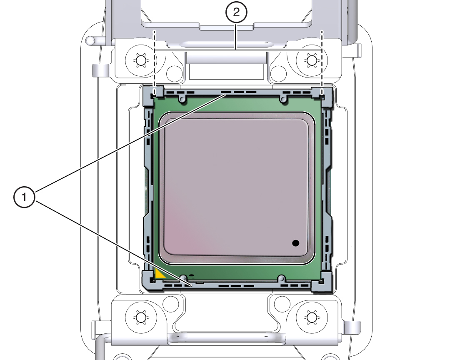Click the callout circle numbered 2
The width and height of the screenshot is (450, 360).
tap(236, 13)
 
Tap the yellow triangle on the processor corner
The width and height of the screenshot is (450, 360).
tap(159, 274)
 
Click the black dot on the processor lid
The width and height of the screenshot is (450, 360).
tap(296, 243)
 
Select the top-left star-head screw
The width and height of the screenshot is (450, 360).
tap(140, 61)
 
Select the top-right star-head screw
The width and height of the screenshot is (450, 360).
tap(311, 61)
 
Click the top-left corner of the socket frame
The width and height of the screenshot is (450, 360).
tap(151, 94)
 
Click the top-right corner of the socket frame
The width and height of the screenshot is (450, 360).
tap(325, 94)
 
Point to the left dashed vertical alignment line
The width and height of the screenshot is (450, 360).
tap(154, 62)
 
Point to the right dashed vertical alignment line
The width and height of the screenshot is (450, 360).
tap(322, 62)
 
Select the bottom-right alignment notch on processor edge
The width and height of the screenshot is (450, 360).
tap(282, 277)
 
